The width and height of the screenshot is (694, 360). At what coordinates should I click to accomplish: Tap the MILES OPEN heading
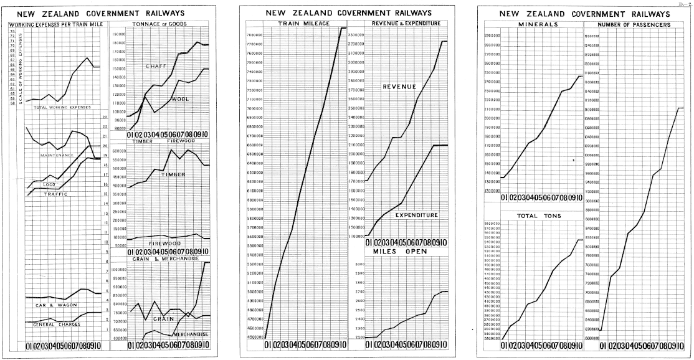click(399, 252)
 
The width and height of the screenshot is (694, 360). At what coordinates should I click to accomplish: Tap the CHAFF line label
click(156, 66)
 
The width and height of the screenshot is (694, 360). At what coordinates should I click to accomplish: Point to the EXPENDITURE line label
click(417, 215)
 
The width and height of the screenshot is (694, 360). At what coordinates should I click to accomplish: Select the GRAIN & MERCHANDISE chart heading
click(166, 258)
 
